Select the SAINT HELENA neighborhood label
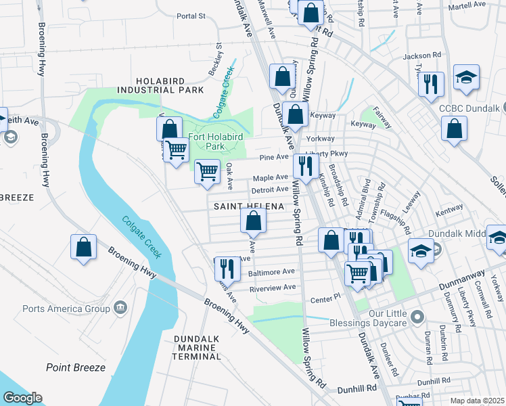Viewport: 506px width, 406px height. pyautogui.click(x=248, y=206)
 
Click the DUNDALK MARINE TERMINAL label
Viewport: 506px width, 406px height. pyautogui.click(x=197, y=347)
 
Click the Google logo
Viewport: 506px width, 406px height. pyautogui.click(x=23, y=398)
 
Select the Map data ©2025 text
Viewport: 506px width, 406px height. pyautogui.click(x=477, y=401)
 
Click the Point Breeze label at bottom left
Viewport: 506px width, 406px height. pyautogui.click(x=76, y=367)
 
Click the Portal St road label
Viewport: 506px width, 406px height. pyautogui.click(x=190, y=16)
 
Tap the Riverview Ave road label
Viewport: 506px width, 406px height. pyautogui.click(x=273, y=288)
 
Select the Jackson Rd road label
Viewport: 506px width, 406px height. pyautogui.click(x=421, y=56)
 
